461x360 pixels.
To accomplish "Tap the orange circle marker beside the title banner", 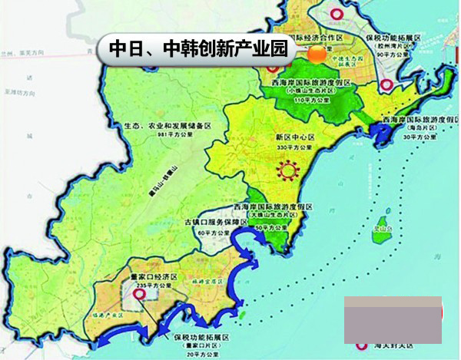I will tap(316, 52).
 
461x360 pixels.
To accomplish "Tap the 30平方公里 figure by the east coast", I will tap(422, 137).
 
